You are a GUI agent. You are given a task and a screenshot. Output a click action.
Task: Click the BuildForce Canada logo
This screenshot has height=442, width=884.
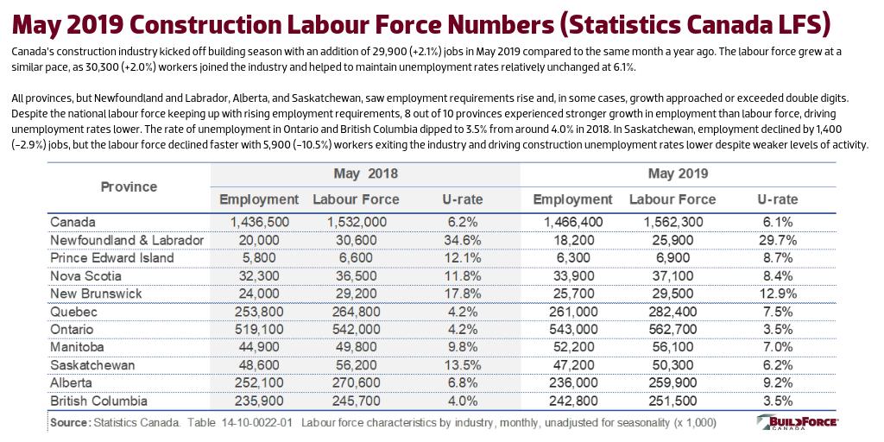point(797,424)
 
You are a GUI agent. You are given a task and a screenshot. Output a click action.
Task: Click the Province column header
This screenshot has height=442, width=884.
point(129,186)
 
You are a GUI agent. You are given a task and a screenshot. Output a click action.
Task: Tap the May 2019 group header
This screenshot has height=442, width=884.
point(678,174)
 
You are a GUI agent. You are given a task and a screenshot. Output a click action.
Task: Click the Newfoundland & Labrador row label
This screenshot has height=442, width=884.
point(127,239)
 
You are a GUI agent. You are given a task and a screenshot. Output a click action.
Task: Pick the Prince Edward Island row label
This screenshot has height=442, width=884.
point(112,257)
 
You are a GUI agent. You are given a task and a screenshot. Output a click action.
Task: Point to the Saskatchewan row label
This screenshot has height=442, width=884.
point(92,364)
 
